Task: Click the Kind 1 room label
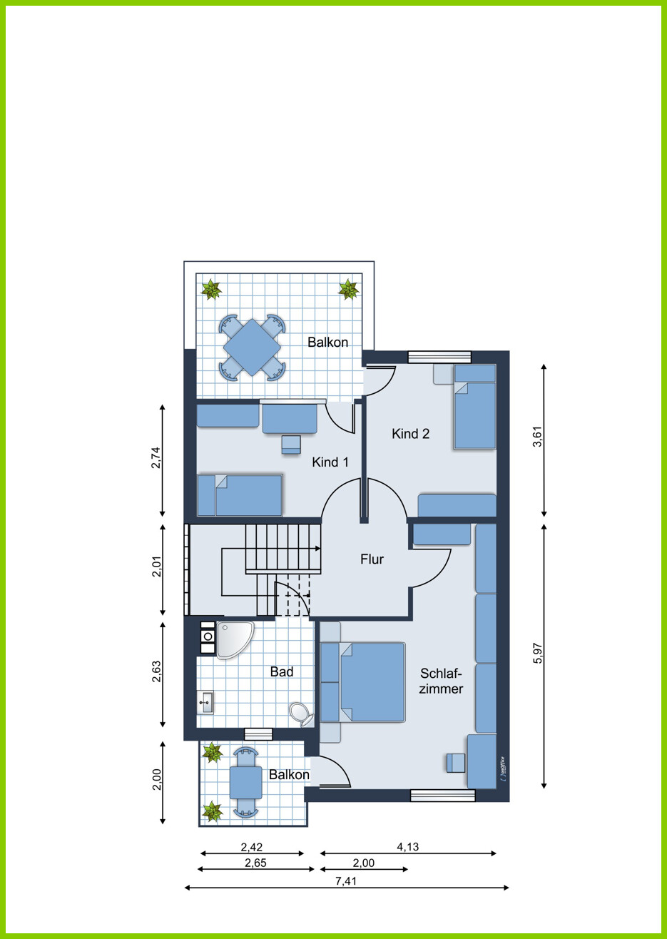tap(330, 462)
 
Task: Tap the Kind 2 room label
tap(410, 433)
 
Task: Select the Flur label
tap(372, 559)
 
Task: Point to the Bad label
tap(282, 671)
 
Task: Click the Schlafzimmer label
tap(441, 681)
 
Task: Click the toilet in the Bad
tap(301, 714)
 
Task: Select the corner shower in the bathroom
tap(234, 640)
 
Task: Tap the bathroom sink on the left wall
tap(205, 702)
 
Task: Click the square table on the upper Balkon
tap(252, 347)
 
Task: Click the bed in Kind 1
tap(240, 494)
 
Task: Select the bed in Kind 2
tap(475, 407)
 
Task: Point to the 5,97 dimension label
tap(538, 653)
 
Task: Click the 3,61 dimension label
tap(538, 437)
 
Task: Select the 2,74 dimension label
tap(156, 458)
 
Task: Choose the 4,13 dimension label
tap(408, 847)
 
